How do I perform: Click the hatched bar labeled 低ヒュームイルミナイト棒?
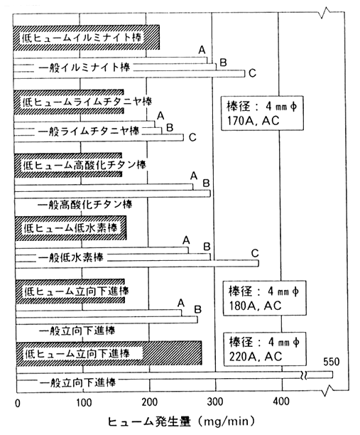pos(86,38)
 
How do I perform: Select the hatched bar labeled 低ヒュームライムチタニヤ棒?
pos(69,102)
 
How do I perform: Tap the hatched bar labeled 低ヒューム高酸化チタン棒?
pos(68,165)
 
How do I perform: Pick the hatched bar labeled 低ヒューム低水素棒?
pos(71,228)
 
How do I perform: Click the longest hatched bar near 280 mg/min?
pos(109,353)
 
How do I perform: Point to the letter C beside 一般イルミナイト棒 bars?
pos(252,73)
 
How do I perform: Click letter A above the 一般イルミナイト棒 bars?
pos(202,50)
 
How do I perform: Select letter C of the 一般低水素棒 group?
pos(255,253)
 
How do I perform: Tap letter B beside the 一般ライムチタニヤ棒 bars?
pos(170,127)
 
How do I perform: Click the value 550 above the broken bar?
pos(331,362)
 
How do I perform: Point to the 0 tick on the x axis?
pos(18,403)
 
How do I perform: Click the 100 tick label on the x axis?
pos(84,402)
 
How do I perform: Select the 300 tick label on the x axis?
pos(215,402)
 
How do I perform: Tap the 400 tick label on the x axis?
pos(281,402)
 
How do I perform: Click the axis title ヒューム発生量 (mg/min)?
pos(180,421)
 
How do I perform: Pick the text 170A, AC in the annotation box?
pos(253,121)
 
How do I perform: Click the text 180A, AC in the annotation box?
pos(255,306)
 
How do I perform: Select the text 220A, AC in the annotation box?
pos(256,357)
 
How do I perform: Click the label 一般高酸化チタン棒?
pos(84,205)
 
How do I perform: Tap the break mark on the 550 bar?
pos(304,375)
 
